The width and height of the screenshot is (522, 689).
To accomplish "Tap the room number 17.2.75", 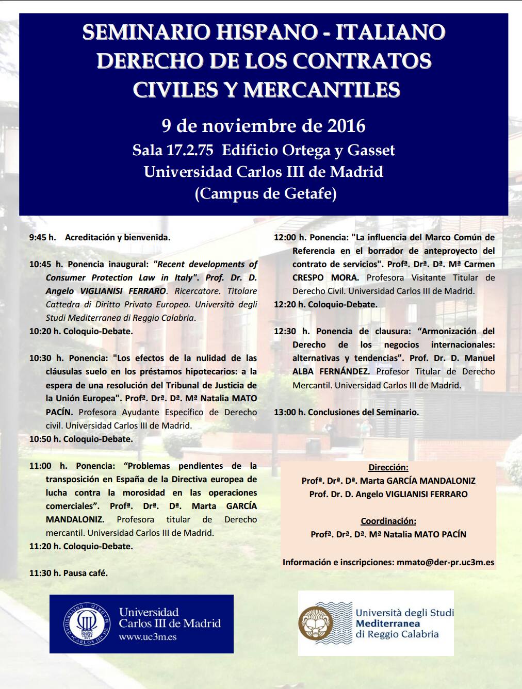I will pyautogui.click(x=189, y=150).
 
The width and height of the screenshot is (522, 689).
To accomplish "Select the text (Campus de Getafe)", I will pyautogui.click(x=266, y=193).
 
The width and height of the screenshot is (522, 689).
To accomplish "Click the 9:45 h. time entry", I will pyautogui.click(x=42, y=237).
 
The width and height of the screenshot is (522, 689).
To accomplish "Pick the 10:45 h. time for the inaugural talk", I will pyautogui.click(x=46, y=264).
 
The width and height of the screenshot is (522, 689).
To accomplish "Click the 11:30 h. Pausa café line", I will pyautogui.click(x=69, y=573).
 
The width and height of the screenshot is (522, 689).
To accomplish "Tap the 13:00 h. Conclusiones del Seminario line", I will pyautogui.click(x=346, y=412).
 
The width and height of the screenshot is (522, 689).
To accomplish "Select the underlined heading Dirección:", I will pyautogui.click(x=388, y=467).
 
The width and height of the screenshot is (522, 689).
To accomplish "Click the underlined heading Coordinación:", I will pyautogui.click(x=388, y=521).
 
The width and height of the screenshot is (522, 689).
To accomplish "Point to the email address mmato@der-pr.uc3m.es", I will pyautogui.click(x=445, y=562).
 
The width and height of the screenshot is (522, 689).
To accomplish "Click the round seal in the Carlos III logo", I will pyautogui.click(x=87, y=624).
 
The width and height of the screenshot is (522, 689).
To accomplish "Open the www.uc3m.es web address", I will pyautogui.click(x=148, y=637).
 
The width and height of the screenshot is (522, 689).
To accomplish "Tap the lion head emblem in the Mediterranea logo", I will pyautogui.click(x=316, y=622).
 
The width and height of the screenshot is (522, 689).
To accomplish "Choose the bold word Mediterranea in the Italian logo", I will pyautogui.click(x=388, y=624).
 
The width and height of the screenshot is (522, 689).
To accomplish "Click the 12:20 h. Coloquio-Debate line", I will pyautogui.click(x=325, y=304).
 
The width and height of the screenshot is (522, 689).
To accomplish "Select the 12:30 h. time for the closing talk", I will pyautogui.click(x=291, y=331).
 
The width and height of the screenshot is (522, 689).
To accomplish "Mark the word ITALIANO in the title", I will pyautogui.click(x=390, y=32).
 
